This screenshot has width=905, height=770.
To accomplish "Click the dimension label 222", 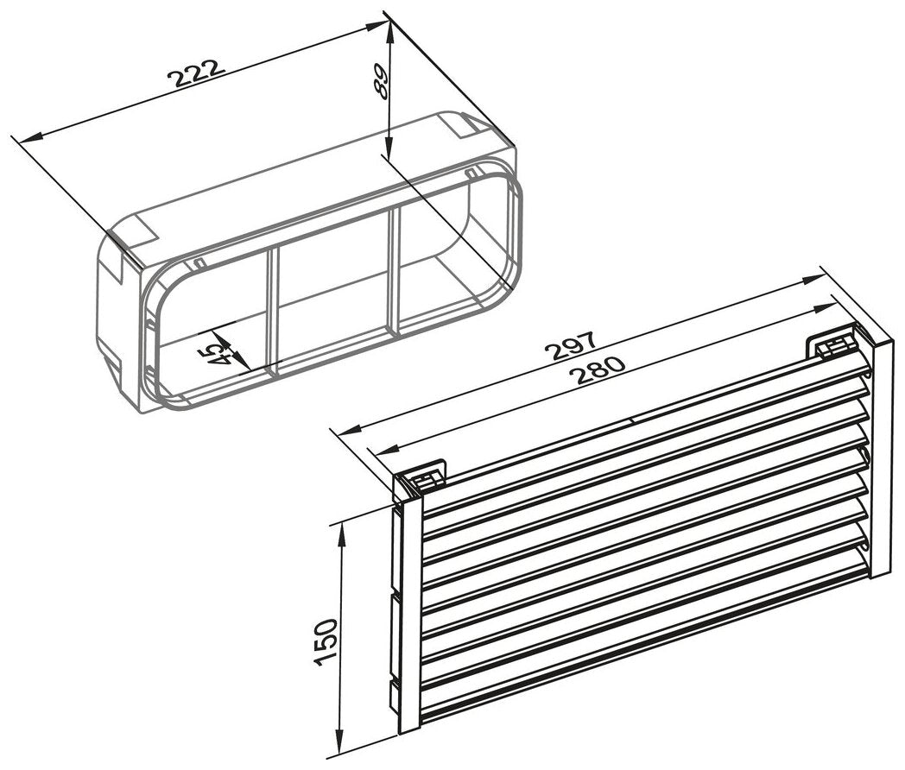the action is [195, 72].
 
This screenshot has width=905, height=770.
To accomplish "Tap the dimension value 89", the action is [380, 81].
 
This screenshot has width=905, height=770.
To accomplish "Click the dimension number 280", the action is [598, 369].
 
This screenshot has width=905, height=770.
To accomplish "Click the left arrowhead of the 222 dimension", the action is [29, 137].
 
